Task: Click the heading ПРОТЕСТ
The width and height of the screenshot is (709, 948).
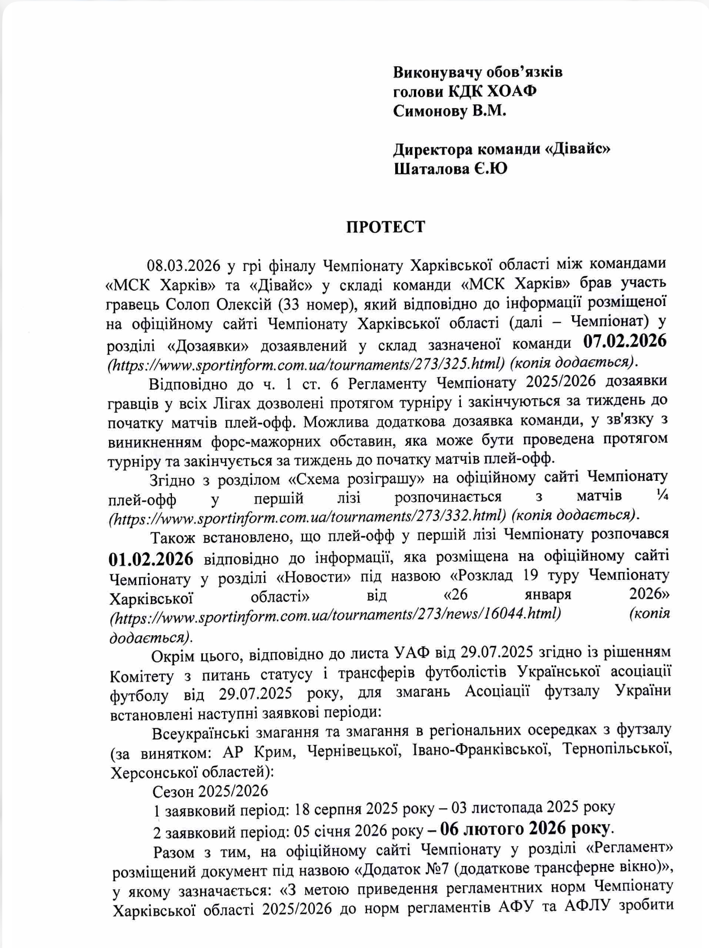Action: point(385,227)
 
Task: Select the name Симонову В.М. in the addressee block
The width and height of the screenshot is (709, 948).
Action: point(449,110)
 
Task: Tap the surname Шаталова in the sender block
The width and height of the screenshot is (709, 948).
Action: point(431,169)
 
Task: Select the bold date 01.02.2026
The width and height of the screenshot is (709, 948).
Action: point(151,559)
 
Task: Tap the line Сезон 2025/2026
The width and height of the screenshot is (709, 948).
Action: point(210,790)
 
